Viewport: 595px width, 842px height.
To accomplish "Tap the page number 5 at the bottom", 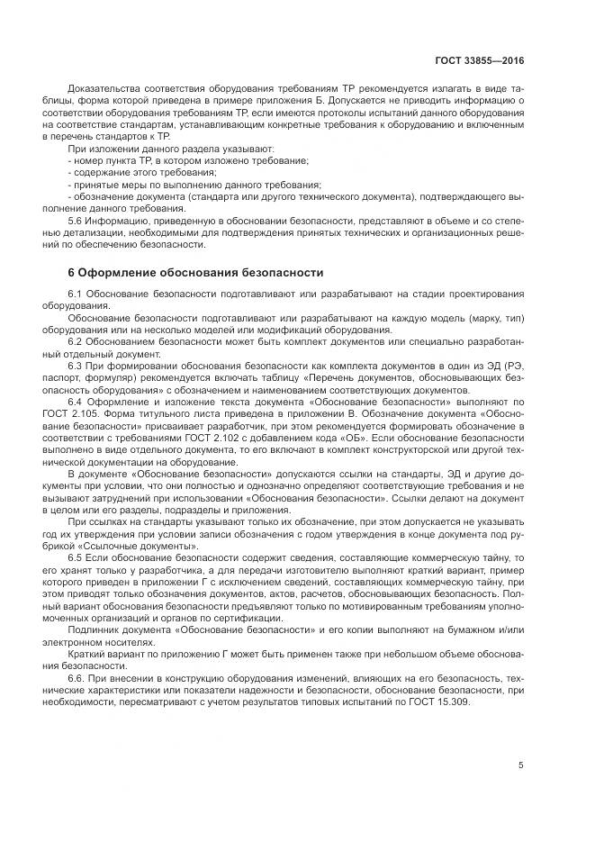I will (x=521, y=765).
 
